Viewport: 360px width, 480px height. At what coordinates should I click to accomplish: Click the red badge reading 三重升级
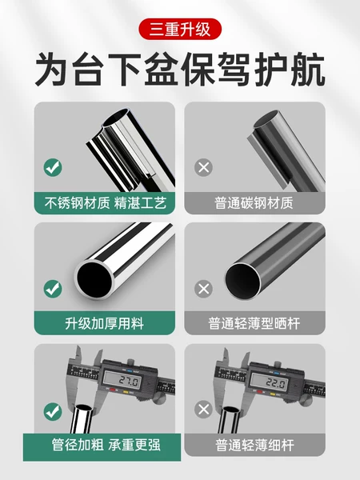(x=180, y=30)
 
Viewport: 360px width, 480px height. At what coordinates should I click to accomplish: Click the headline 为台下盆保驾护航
(x=180, y=70)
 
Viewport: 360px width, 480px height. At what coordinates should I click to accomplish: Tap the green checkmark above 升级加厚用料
(x=53, y=288)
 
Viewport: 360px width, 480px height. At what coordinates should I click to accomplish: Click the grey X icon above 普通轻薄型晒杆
(x=204, y=288)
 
